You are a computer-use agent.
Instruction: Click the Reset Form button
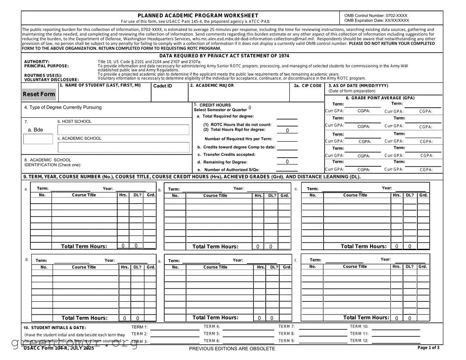(39, 94)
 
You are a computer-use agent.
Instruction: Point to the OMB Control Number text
(376, 16)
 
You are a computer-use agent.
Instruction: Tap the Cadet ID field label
(162, 86)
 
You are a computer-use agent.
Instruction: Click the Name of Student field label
(100, 86)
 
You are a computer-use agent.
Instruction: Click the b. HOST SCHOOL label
(74, 122)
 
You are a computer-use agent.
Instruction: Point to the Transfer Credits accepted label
(226, 155)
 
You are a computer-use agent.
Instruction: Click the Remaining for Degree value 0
(287, 162)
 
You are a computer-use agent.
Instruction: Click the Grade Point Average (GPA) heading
(380, 98)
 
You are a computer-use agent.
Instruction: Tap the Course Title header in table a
(84, 195)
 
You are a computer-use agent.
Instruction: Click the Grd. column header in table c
(423, 195)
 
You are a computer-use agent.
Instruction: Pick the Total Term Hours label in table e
(215, 318)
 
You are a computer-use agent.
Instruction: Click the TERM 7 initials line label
(287, 327)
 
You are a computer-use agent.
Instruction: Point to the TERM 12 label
(359, 341)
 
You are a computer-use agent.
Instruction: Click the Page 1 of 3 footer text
(428, 348)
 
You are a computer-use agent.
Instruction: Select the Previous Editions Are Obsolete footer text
(232, 349)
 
